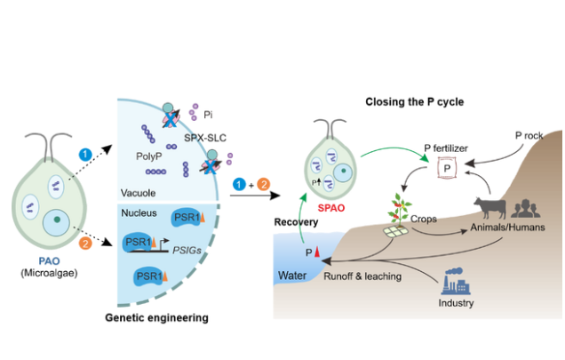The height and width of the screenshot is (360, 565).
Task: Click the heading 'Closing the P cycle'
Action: pos(415,102)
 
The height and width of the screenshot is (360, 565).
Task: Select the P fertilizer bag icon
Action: pos(449,168)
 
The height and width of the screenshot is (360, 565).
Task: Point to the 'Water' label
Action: pos(291,275)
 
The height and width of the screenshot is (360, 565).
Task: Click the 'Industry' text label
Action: pos(457,303)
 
